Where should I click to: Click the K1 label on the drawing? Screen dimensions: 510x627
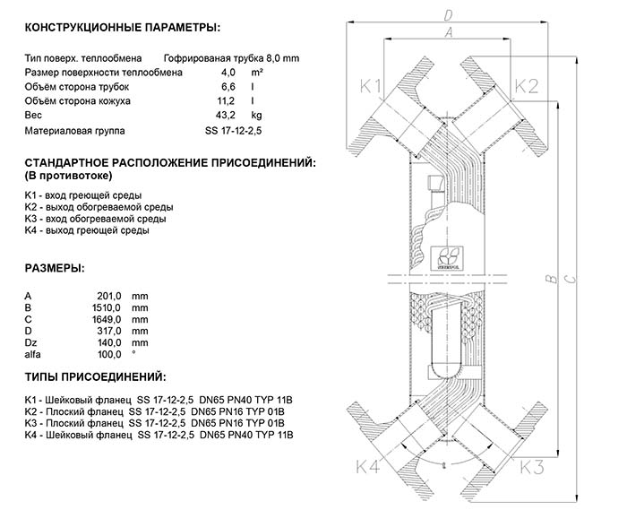(x=371, y=86)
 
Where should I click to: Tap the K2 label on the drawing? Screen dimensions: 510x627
(x=526, y=86)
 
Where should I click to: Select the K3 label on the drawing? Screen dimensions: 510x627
(x=533, y=466)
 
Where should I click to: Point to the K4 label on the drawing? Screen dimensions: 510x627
(x=368, y=466)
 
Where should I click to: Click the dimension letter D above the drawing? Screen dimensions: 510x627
(x=449, y=14)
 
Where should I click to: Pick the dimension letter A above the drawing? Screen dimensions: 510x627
(x=449, y=32)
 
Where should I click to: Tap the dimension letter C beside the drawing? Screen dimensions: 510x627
(x=571, y=281)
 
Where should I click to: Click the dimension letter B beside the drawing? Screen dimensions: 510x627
(x=548, y=281)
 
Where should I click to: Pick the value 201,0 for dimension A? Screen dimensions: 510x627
(x=108, y=296)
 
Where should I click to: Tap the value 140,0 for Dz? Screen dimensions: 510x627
(x=108, y=342)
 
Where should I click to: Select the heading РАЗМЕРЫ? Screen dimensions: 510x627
(x=55, y=268)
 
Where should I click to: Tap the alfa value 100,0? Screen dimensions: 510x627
(x=108, y=354)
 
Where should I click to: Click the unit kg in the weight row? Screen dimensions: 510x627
(x=256, y=116)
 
